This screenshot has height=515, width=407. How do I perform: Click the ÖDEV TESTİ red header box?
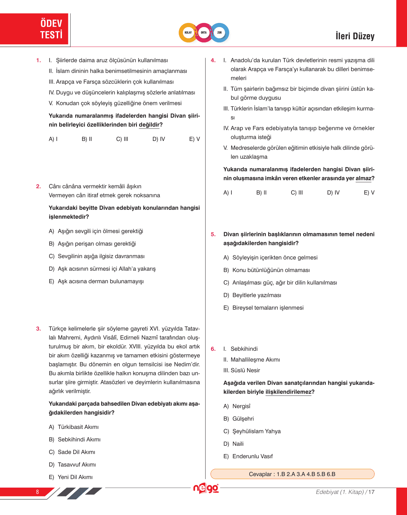pyautogui.click(x=34, y=29)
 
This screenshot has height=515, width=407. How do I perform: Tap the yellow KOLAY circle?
pyautogui.click(x=188, y=33)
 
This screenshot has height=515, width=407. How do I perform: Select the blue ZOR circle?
pyautogui.click(x=220, y=33)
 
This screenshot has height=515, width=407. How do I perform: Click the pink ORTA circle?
pyautogui.click(x=204, y=33)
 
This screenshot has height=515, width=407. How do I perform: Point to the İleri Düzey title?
pyautogui.click(x=355, y=36)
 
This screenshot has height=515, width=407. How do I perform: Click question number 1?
pyautogui.click(x=39, y=61)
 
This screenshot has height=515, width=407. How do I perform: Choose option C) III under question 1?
pyautogui.click(x=122, y=139)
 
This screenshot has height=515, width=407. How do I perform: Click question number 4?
pyautogui.click(x=213, y=61)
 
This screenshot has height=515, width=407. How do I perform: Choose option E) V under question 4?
pyautogui.click(x=369, y=193)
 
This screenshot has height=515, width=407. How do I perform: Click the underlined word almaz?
pyautogui.click(x=363, y=178)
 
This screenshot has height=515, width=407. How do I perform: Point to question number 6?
pyautogui.click(x=213, y=349)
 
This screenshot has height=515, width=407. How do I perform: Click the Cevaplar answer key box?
pyautogui.click(x=292, y=474)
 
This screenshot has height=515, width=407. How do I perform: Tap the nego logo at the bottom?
pyautogui.click(x=206, y=488)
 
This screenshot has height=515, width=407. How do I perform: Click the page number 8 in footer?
pyautogui.click(x=37, y=492)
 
